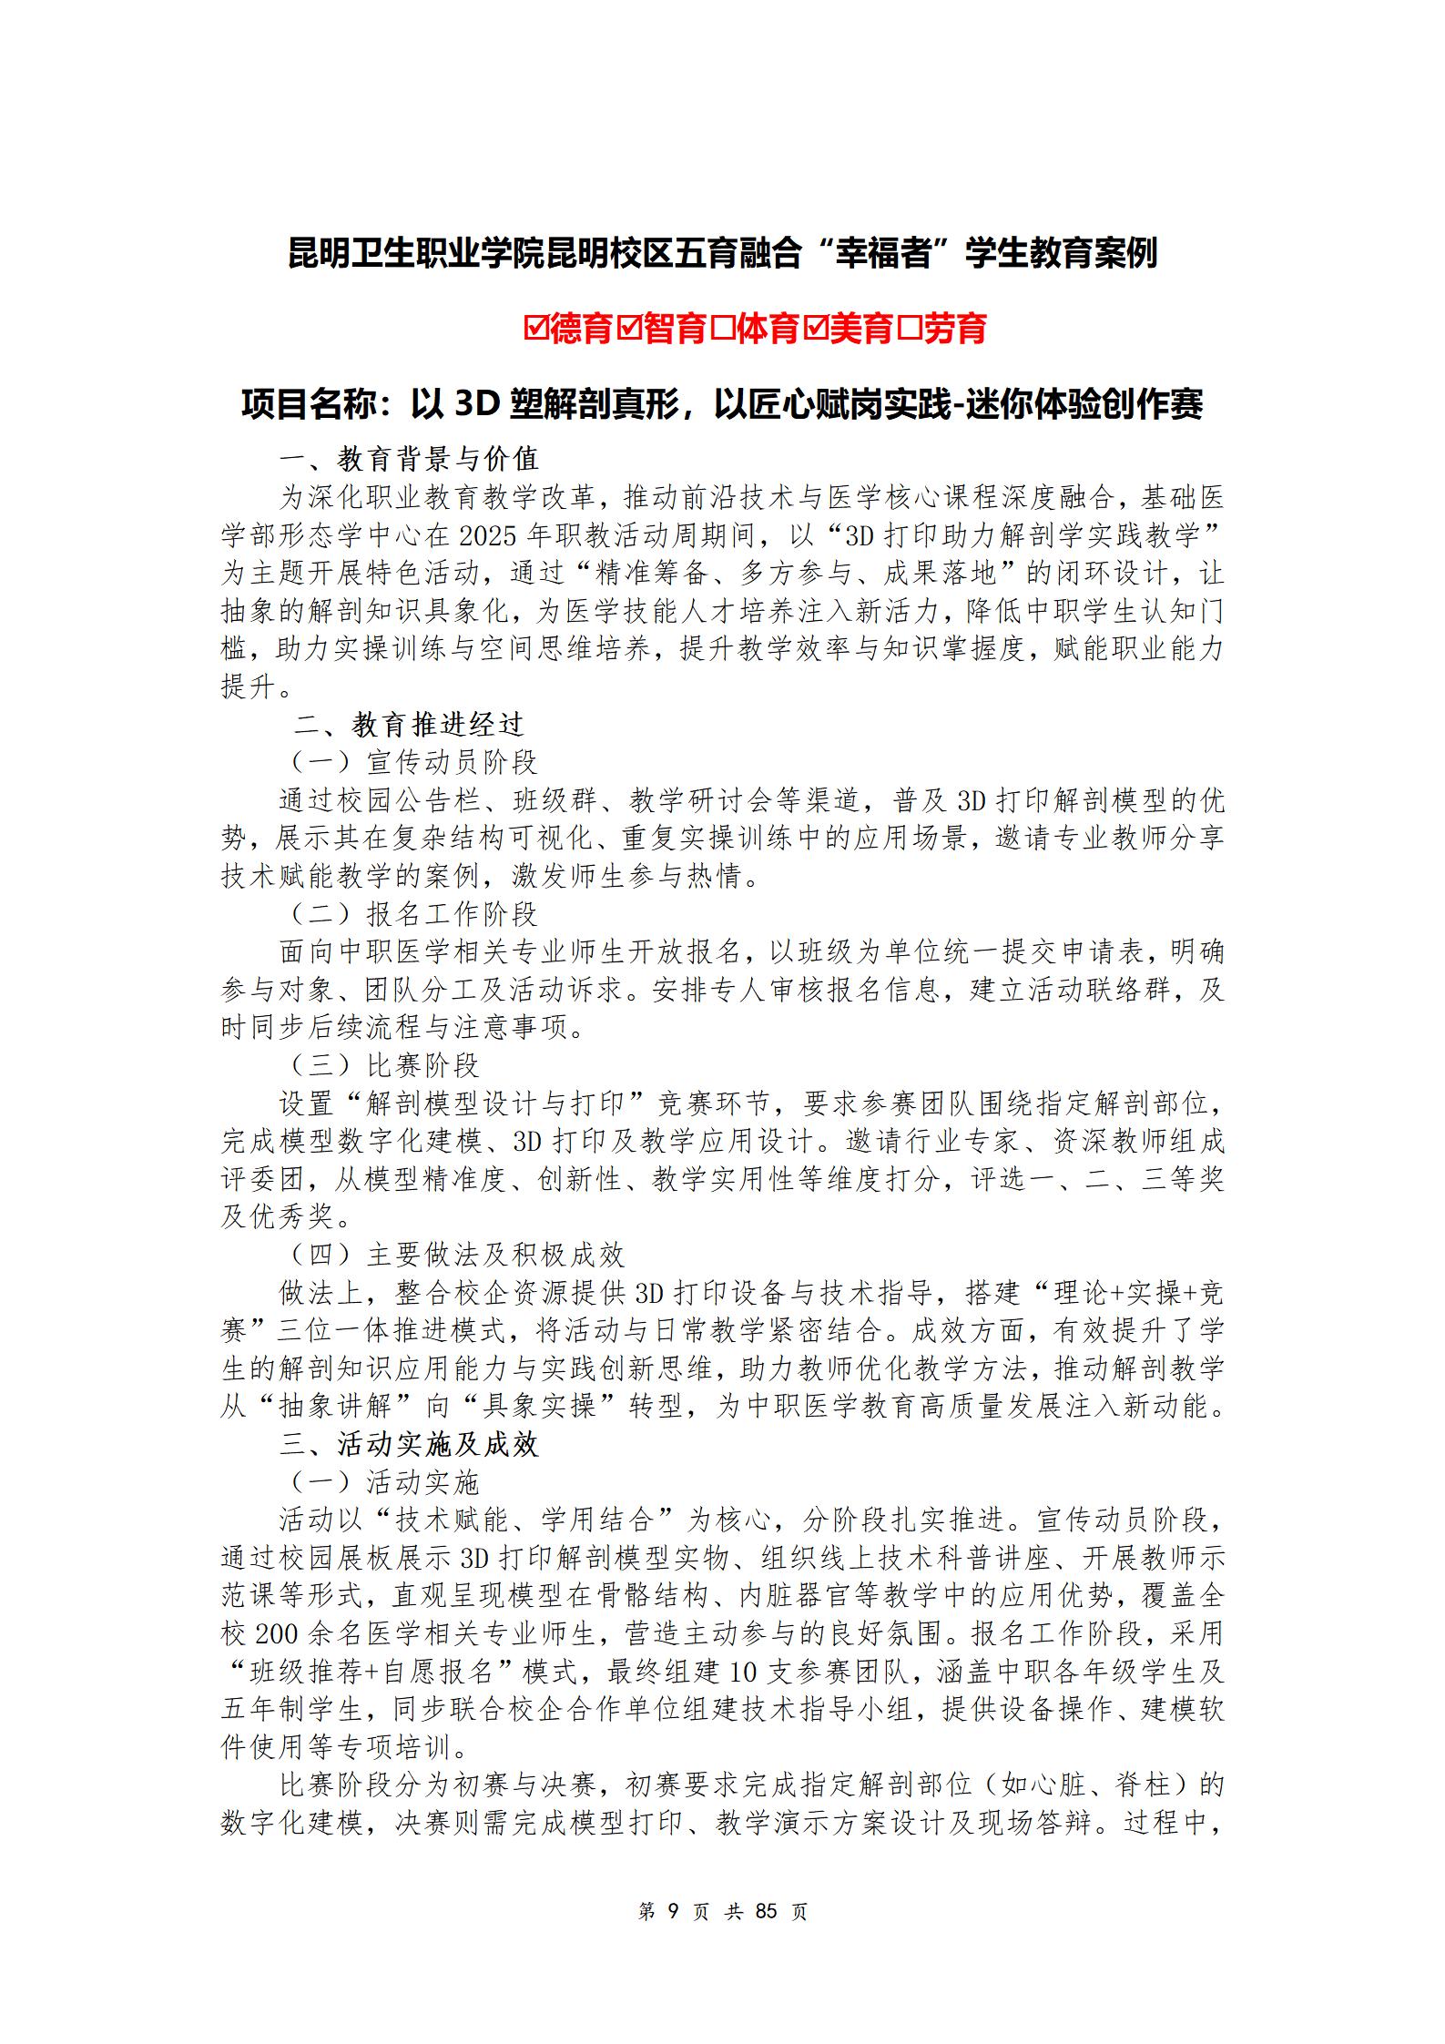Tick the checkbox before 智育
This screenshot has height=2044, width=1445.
pos(630,329)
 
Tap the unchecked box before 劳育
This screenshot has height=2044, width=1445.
pos(911,329)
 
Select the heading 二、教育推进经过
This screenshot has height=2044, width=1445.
pos(409,725)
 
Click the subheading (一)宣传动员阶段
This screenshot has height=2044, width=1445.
pos(414,763)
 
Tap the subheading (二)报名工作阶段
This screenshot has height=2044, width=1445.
pos(414,915)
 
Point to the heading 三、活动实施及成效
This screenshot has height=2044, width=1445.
pos(410,1445)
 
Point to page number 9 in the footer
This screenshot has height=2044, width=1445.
pos(674,1911)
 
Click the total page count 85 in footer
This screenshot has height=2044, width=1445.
pos(766,1911)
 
